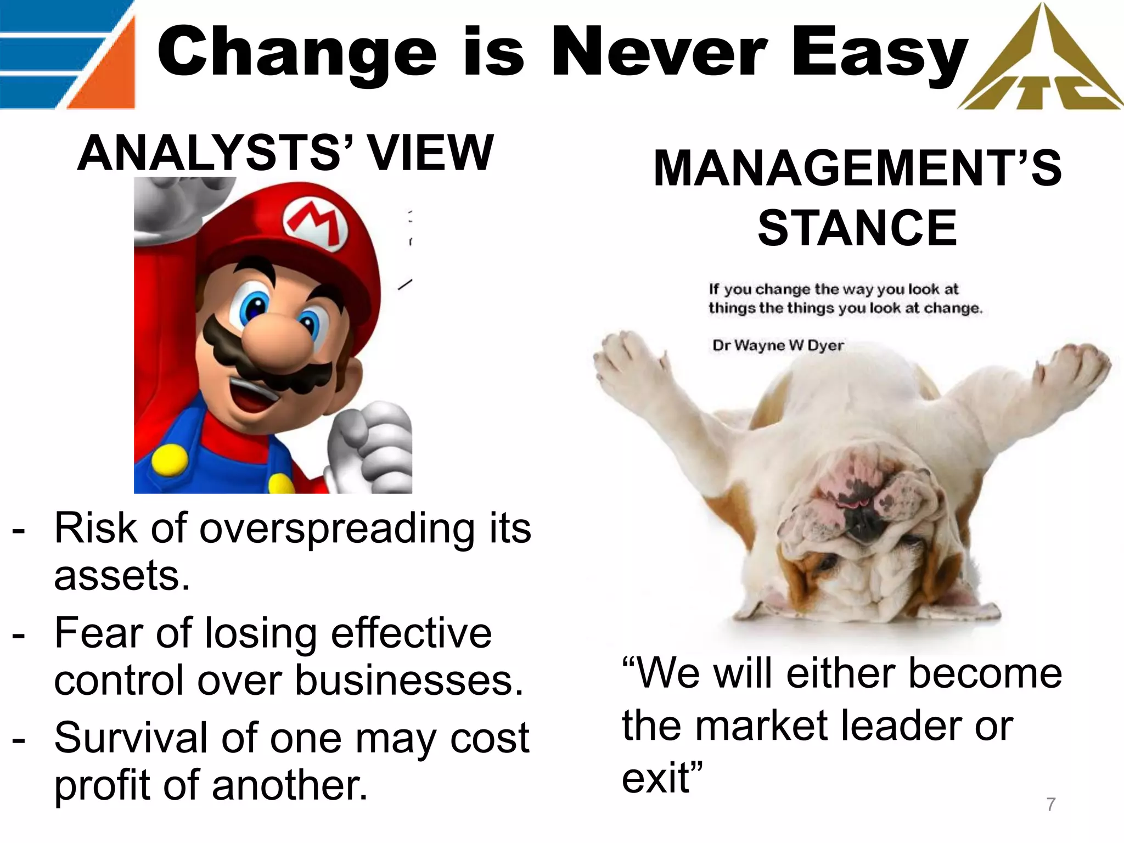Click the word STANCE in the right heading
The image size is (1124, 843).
[857, 228]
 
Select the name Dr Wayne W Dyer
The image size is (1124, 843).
[778, 345]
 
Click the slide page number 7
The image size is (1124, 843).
[1050, 805]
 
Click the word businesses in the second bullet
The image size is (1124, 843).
[409, 681]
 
